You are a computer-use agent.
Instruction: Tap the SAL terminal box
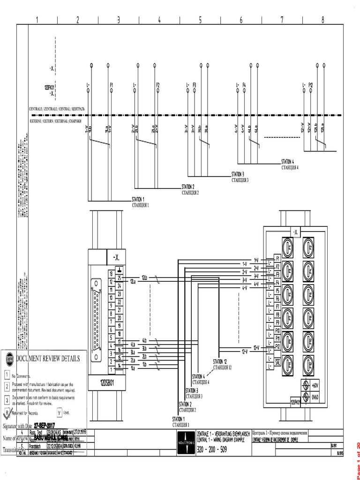(277, 362)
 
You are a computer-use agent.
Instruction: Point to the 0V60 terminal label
(315, 397)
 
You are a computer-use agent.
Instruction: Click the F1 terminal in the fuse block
(277, 258)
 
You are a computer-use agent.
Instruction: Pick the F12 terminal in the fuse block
(277, 346)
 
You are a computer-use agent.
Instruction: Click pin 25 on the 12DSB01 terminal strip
(120, 278)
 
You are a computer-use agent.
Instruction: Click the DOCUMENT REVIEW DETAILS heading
(48, 359)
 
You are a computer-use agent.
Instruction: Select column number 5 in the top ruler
(200, 19)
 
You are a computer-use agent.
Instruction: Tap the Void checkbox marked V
(60, 412)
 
